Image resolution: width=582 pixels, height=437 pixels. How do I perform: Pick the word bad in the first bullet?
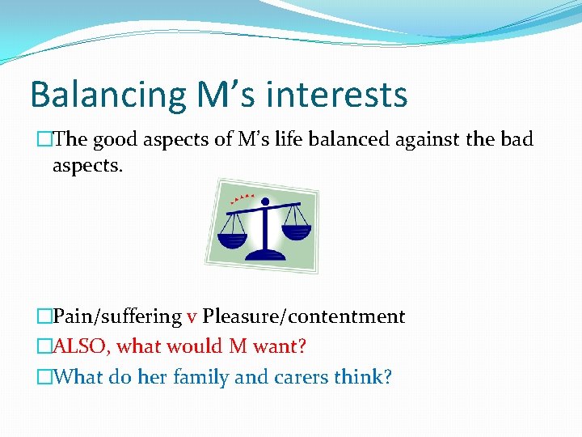(517, 140)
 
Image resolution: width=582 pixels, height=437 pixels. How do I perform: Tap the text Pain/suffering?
(116, 316)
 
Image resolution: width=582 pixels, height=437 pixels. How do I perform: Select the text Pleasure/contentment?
(303, 316)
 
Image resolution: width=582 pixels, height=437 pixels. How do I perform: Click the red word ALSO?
(81, 347)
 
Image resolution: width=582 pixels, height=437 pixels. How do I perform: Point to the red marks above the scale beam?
(242, 197)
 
